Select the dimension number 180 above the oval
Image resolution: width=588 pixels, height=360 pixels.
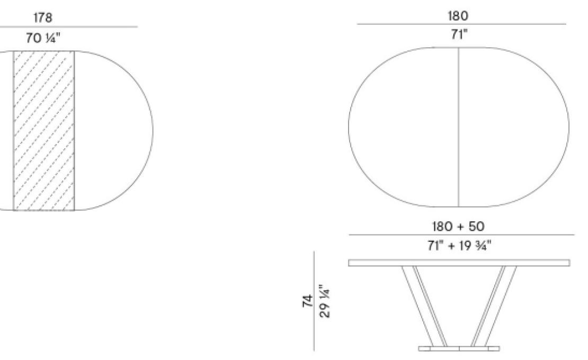click(458, 16)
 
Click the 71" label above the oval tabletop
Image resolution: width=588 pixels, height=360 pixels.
click(458, 35)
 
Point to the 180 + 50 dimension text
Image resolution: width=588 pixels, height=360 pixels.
click(458, 226)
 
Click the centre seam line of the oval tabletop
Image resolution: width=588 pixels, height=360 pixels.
click(458, 127)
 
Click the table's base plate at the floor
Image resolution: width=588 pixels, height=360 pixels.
click(459, 348)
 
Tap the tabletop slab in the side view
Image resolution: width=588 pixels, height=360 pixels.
click(459, 263)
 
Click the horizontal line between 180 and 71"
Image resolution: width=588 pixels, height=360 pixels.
click(461, 24)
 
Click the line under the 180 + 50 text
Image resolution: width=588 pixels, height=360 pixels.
click(461, 235)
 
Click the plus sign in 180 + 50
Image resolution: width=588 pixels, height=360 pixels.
click(457, 226)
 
